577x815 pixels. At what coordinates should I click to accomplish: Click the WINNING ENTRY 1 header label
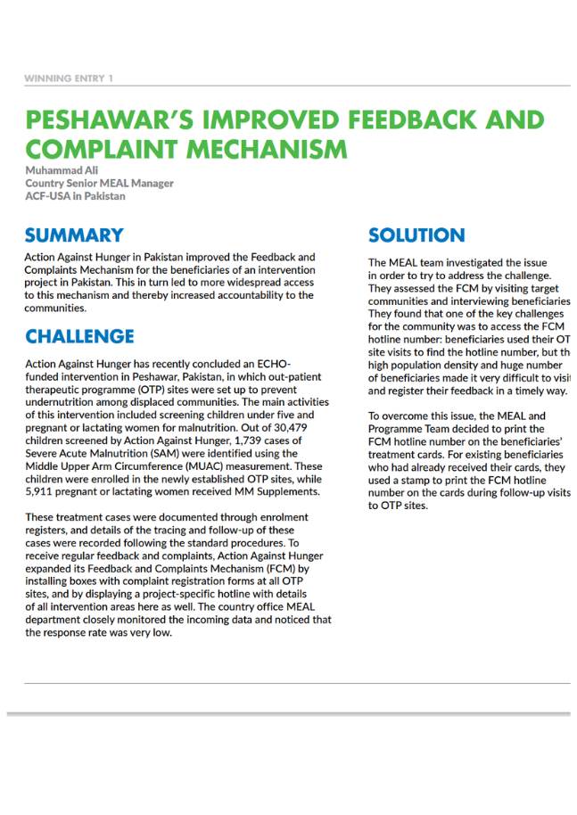point(69,78)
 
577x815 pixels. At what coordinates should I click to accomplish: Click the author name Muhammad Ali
point(62,170)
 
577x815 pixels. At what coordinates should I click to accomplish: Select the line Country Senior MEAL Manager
point(99,184)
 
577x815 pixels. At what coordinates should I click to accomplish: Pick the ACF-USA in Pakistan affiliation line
point(75,196)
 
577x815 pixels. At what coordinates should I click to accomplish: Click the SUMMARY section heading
point(74,235)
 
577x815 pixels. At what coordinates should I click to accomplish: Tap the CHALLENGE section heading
point(79,337)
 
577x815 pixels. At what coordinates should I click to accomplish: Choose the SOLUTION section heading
point(416,235)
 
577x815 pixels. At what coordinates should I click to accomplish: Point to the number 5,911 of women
point(43,490)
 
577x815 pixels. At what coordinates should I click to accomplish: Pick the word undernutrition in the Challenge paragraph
point(61,402)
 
